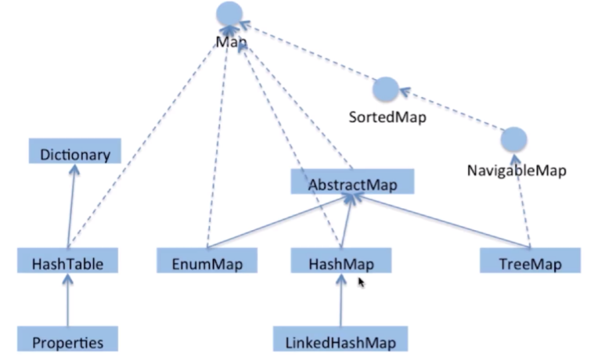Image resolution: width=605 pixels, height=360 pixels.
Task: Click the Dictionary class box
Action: coord(74,153)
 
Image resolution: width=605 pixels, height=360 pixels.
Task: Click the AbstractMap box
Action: coord(351,184)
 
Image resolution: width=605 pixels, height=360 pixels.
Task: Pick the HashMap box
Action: coord(340,262)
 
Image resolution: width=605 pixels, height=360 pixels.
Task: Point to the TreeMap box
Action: coord(530,262)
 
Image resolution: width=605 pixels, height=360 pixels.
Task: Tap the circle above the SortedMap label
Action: coord(385,89)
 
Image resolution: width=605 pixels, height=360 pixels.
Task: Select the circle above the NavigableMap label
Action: coord(513,139)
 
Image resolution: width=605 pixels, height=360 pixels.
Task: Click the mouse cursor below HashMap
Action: coord(361,282)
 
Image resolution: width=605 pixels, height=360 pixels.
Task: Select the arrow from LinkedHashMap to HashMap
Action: coord(340,301)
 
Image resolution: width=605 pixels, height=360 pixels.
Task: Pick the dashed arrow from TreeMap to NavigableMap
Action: coord(523,211)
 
